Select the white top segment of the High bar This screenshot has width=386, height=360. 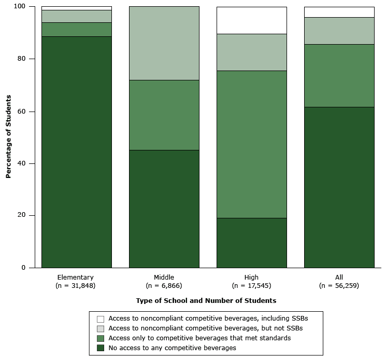pyautogui.click(x=252, y=20)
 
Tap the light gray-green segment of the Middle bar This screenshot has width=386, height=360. pyautogui.click(x=164, y=43)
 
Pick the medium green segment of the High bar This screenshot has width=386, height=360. pyautogui.click(x=252, y=144)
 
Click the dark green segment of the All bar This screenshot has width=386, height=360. pyautogui.click(x=339, y=187)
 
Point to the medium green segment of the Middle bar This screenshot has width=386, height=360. pyautogui.click(x=164, y=115)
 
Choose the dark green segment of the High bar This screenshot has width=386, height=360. pyautogui.click(x=252, y=243)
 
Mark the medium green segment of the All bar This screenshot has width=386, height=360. pyautogui.click(x=339, y=76)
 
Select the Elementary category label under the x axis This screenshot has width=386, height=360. pyautogui.click(x=76, y=278)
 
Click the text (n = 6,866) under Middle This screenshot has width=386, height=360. pyautogui.click(x=164, y=286)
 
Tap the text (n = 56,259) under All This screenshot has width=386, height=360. pyautogui.click(x=339, y=286)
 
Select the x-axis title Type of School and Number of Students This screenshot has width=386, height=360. pyautogui.click(x=206, y=301)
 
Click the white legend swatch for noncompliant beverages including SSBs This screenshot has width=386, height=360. pyautogui.click(x=101, y=319)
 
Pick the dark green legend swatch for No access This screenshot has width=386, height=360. pyautogui.click(x=101, y=348)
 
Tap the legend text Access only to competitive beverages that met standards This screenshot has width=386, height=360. pyautogui.click(x=199, y=338)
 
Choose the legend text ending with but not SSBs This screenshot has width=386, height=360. pyautogui.click(x=206, y=328)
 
